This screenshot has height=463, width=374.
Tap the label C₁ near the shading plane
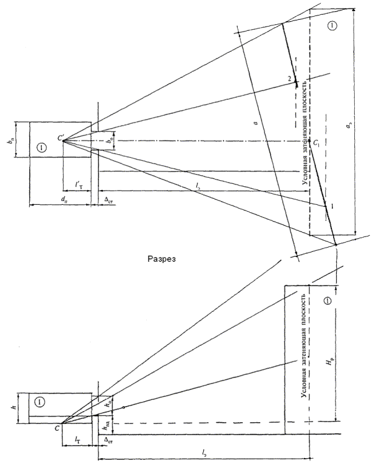point(316,143)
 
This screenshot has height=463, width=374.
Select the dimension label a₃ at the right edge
point(349,129)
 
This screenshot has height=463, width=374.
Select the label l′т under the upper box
point(77,184)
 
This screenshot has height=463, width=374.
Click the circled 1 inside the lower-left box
point(40,402)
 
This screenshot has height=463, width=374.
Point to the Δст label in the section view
point(109,440)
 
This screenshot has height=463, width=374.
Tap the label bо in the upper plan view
point(110,141)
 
